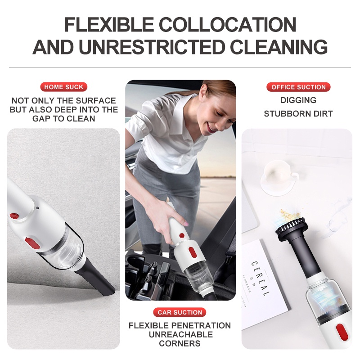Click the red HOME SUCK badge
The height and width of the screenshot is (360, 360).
tap(63, 87)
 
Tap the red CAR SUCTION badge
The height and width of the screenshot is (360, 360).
tap(180, 312)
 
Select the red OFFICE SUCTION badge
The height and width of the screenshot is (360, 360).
tap(298, 87)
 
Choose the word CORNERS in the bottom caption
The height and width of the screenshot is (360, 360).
tap(180, 343)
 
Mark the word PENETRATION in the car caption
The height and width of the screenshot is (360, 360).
tap(200, 325)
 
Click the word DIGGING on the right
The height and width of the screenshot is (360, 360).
tap(298, 100)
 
